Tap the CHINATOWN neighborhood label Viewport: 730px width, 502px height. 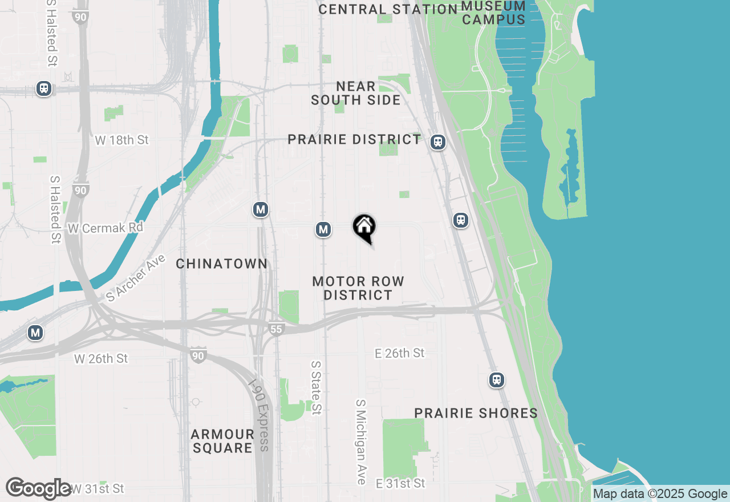tap(221, 264)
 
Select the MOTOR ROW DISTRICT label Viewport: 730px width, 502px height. tap(358, 288)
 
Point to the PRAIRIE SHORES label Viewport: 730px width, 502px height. tap(476, 413)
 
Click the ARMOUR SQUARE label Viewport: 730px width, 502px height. tap(222, 441)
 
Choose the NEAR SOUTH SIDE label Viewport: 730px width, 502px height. tap(356, 93)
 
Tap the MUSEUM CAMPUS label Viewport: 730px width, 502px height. tap(493, 13)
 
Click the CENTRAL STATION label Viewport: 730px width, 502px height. tap(388, 9)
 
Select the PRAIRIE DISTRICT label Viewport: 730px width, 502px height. tap(354, 140)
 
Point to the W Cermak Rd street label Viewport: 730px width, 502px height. tap(106, 228)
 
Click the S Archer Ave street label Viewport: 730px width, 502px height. tap(136, 278)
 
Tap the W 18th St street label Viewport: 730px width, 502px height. tap(121, 140)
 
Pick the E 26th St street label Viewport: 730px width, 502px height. tap(399, 353)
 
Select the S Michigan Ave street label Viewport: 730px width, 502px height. tap(361, 442)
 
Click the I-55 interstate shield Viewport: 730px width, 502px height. tap(276, 329)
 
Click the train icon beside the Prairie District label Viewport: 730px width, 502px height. tap(438, 142)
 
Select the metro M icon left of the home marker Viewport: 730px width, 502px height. tap(323, 229)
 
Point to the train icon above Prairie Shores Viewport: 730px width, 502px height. tap(497, 380)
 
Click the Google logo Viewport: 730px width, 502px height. tap(39, 488)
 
